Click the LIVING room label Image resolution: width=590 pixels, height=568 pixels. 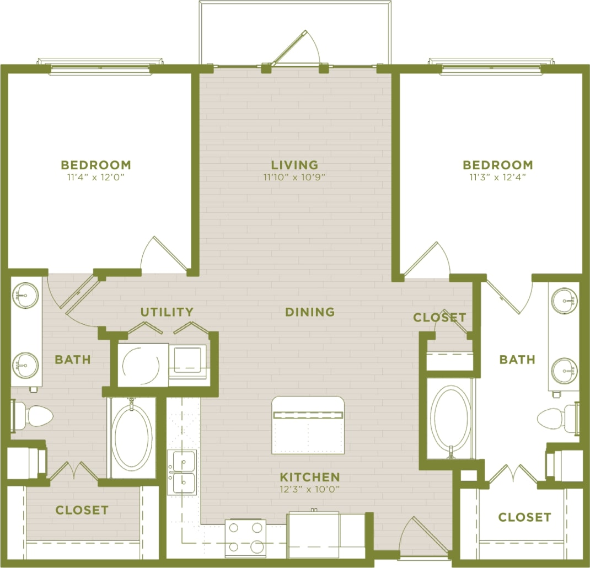tap(294, 165)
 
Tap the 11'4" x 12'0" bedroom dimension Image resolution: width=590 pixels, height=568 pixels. tap(96, 178)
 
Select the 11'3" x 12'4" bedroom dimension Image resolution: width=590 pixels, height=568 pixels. tap(497, 178)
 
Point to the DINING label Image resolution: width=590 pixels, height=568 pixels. tap(310, 312)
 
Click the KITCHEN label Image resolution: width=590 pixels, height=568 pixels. tap(309, 477)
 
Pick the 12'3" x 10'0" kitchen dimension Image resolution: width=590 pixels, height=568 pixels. tap(309, 489)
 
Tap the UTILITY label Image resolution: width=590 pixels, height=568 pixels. tap(167, 312)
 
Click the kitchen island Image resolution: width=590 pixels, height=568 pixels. tap(308, 425)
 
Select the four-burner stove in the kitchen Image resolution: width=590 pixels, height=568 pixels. tap(245, 537)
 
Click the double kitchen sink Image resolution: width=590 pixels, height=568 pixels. tap(182, 472)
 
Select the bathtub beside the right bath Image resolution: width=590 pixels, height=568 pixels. tap(450, 417)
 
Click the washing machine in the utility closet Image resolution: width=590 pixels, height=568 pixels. tap(142, 364)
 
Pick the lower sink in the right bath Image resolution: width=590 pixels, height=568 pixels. tap(565, 370)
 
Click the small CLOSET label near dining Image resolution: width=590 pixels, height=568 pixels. tap(439, 318)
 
